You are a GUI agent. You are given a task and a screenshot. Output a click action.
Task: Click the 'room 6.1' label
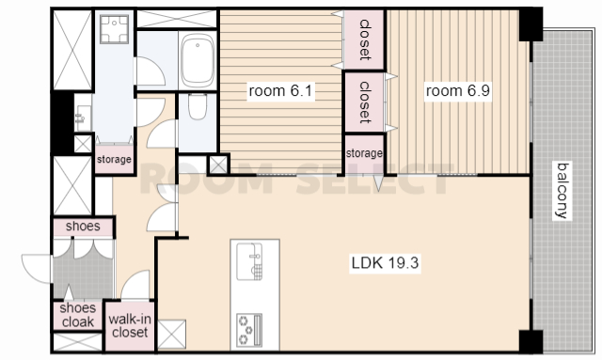point(280,91)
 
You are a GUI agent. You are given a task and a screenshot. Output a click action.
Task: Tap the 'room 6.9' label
point(458,91)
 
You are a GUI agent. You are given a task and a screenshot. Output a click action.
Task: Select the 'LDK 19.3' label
point(385,263)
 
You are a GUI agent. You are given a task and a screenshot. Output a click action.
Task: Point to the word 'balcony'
point(562,191)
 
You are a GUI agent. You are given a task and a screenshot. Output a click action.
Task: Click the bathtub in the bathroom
point(198,60)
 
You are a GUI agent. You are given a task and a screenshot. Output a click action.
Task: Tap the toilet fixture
point(198,106)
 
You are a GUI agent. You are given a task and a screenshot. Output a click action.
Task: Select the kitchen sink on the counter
point(249,261)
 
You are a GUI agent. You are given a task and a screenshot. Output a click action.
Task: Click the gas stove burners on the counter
point(249,329)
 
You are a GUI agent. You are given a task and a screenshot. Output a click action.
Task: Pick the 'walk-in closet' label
point(130,326)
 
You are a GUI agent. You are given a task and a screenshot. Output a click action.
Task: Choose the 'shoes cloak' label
point(78,315)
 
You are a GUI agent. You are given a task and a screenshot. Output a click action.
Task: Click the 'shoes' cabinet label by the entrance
point(83,226)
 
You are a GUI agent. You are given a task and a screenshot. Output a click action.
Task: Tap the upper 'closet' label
point(364,39)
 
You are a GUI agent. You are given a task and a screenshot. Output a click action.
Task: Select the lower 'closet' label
point(364,102)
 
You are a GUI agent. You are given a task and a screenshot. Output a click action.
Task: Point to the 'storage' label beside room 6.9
point(364,153)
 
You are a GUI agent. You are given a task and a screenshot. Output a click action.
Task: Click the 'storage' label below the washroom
point(114,159)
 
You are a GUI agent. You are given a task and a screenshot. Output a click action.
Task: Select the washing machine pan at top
point(114,29)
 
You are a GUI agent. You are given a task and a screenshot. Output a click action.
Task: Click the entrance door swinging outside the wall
point(37,269)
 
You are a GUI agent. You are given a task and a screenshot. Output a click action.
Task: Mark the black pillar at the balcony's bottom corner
point(531,341)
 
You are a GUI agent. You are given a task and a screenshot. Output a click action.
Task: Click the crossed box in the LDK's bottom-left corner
point(171,335)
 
